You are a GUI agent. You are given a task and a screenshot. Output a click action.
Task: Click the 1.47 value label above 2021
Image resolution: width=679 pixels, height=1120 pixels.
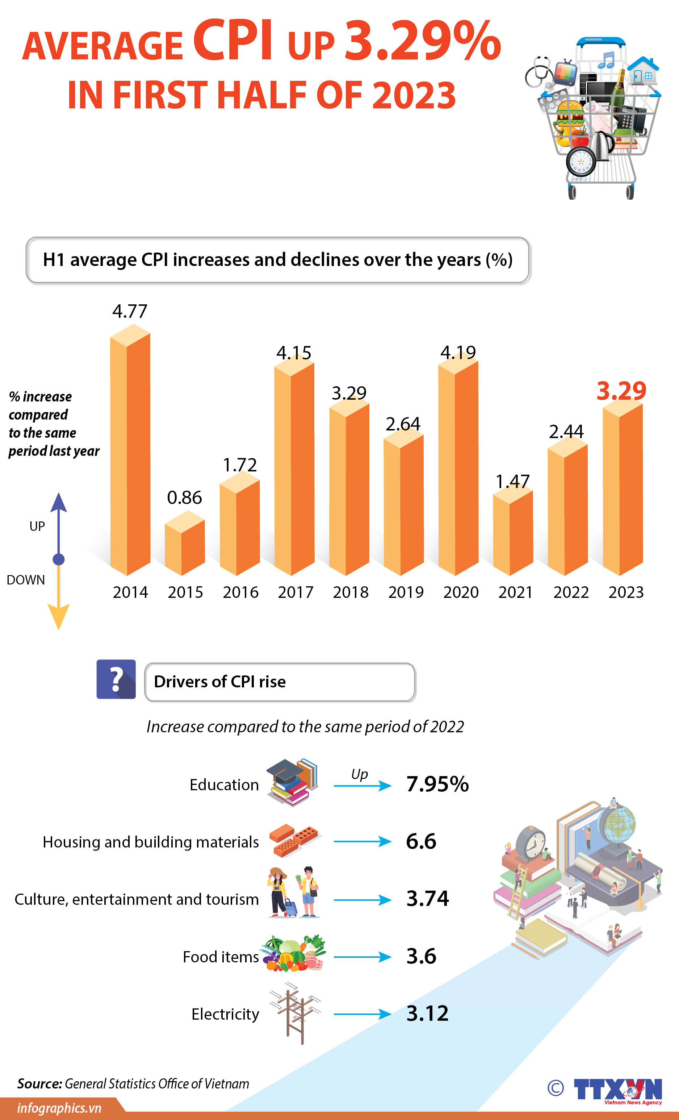pos(512,481)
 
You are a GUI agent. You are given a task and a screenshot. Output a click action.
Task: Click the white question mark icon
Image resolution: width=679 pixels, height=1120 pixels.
pos(116,679)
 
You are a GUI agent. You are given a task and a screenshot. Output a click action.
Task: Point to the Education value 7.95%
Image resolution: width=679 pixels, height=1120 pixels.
pos(437,784)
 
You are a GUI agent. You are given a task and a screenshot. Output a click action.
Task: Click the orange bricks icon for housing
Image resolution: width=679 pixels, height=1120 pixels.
pos(294,841)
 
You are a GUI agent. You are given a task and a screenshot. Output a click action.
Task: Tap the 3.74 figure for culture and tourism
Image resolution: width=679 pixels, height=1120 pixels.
pos(427,899)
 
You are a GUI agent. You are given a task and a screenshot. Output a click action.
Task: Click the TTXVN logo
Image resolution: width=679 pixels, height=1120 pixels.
pos(618,1090)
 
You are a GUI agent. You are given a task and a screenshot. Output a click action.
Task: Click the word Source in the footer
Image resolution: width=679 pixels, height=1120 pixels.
pos(39,1084)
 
